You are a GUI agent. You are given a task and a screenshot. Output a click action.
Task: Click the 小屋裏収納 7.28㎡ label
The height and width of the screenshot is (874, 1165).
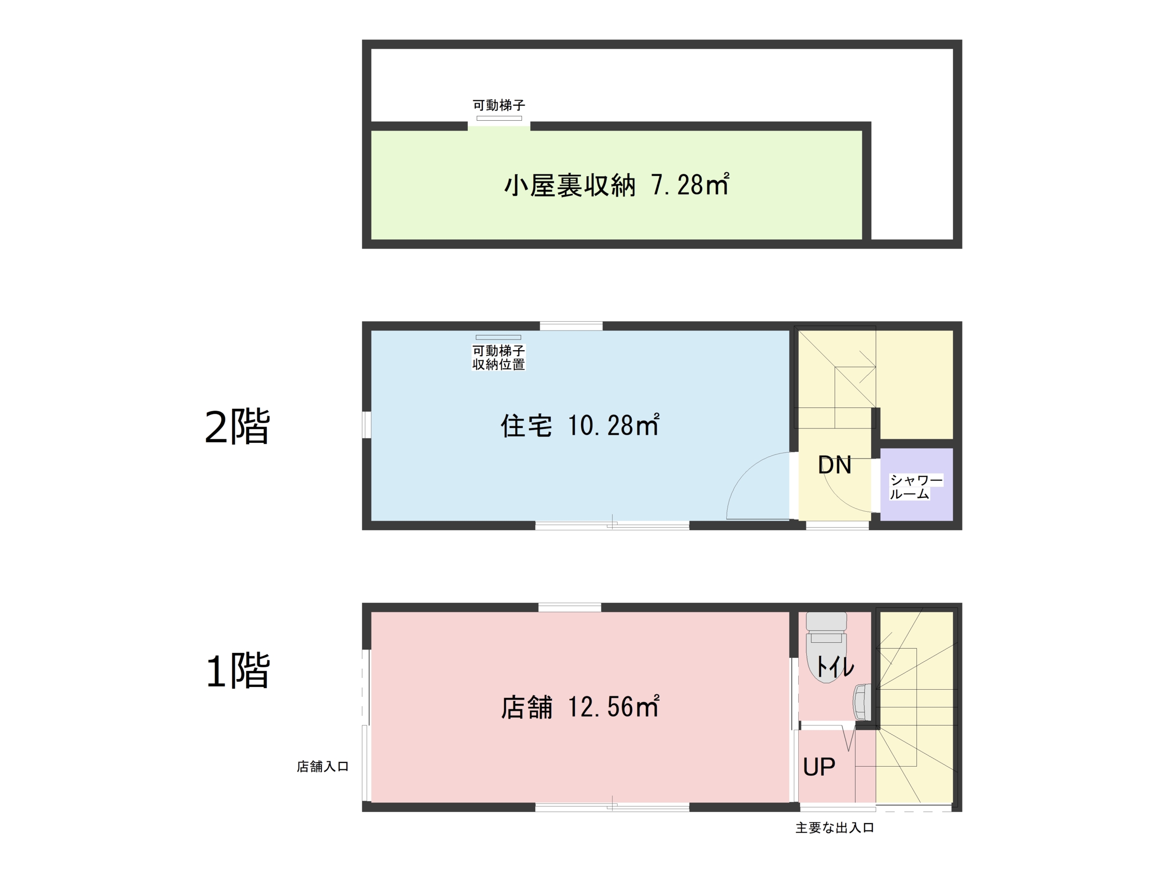617,185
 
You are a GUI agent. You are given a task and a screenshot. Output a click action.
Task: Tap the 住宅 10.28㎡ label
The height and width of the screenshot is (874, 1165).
580,425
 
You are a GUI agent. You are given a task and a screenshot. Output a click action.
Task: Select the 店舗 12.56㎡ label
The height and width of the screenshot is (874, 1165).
580,706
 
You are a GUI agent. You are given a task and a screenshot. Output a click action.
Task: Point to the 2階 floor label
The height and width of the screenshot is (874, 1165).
237,426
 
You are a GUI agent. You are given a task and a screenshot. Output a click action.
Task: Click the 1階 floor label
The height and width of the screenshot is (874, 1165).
237,671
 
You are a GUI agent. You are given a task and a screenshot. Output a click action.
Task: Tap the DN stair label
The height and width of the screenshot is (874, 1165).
835,465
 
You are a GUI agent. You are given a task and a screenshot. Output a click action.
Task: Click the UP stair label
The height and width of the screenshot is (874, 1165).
819,767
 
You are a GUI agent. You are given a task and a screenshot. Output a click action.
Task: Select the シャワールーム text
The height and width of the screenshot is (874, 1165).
916,487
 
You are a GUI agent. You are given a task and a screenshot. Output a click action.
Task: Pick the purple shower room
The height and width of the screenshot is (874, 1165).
917,484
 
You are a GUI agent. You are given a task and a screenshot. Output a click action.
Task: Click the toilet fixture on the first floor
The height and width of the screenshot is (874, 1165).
826,647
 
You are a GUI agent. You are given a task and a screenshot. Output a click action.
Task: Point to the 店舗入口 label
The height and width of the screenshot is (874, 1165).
322,767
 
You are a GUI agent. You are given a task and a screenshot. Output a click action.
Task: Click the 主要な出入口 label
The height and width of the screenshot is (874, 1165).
835,828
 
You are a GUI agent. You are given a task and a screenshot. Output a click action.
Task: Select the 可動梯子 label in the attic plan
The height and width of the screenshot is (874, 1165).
499,105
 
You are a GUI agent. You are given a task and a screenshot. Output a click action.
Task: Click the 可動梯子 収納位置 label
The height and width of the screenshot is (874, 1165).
498,358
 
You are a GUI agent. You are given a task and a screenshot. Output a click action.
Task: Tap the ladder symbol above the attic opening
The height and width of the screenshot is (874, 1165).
499,118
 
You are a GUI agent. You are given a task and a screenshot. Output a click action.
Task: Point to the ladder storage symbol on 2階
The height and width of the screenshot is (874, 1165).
498,337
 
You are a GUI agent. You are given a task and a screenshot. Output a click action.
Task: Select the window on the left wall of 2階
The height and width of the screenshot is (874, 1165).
366,425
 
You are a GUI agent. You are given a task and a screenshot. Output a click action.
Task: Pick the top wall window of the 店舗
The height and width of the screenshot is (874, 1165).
569,607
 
